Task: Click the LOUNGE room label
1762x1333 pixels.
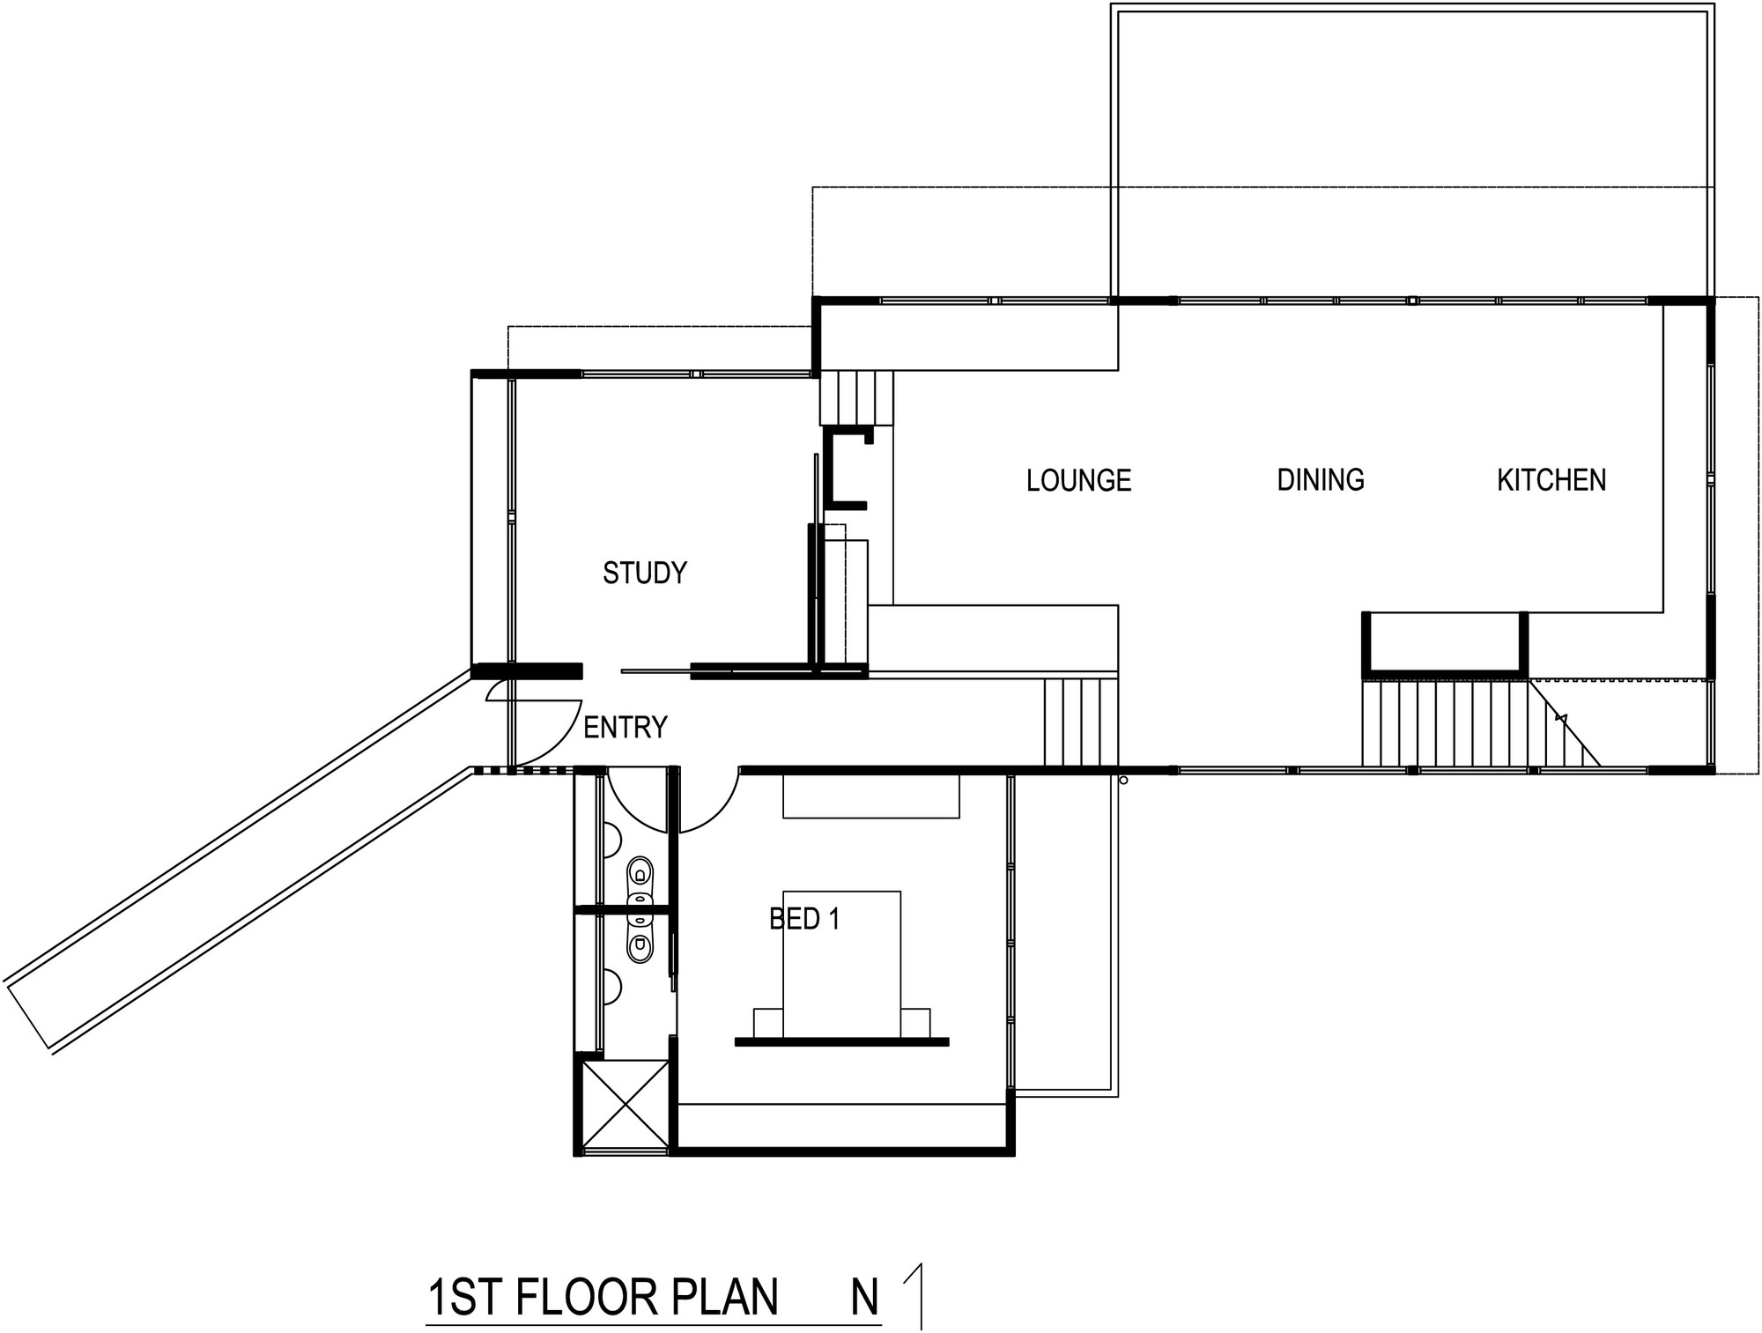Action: pos(1078,480)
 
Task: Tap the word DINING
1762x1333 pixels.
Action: pos(1321,480)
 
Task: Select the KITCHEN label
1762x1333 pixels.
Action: pos(1551,480)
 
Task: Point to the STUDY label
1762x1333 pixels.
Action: pos(644,574)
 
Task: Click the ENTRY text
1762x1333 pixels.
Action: pos(626,728)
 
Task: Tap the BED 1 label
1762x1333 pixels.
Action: pos(804,920)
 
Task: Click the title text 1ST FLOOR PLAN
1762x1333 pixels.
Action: pos(603,1298)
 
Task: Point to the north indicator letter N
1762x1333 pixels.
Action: pos(865,1298)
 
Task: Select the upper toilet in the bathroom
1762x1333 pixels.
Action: pos(640,874)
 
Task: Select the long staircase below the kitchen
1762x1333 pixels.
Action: pos(1480,723)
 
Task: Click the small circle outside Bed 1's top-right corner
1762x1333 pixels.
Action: pos(1123,780)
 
